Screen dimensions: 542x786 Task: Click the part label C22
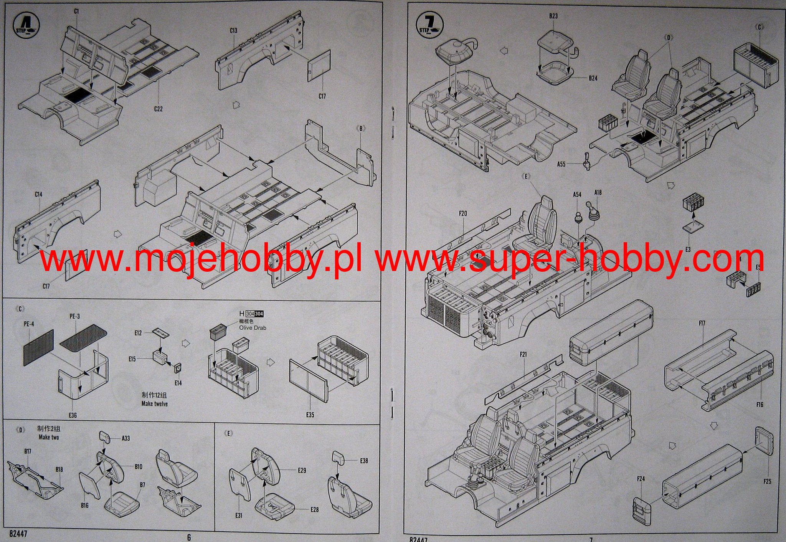(158, 109)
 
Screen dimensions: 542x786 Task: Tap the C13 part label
(233, 31)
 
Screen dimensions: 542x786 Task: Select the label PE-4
(29, 324)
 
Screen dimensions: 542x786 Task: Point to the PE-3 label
(74, 317)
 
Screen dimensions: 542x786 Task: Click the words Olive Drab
(253, 328)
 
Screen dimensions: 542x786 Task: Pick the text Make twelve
(154, 404)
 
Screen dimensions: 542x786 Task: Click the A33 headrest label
(125, 438)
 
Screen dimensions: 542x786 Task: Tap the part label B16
(85, 506)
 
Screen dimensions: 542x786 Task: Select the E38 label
(364, 460)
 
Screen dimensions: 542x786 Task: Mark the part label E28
(315, 510)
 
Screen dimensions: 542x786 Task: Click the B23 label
(553, 16)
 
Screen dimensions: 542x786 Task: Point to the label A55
(561, 164)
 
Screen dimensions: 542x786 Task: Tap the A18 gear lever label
(598, 193)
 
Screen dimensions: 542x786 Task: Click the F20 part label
(463, 213)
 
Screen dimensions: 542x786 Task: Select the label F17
(702, 324)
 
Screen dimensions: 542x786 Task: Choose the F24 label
(641, 479)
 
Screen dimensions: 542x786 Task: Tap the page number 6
(188, 537)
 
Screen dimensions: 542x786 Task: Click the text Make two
(49, 437)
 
